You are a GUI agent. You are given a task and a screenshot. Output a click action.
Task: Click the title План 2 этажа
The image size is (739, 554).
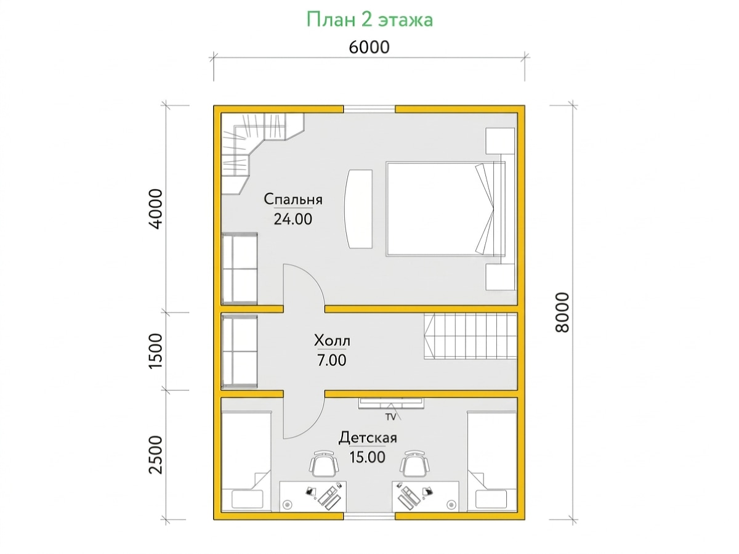pos(369,20)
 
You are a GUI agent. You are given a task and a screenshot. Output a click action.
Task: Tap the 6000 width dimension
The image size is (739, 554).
pos(369,47)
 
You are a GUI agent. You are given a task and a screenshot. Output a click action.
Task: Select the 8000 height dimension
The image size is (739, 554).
pos(562,312)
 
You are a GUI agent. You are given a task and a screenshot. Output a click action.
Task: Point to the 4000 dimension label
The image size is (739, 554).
pos(156,209)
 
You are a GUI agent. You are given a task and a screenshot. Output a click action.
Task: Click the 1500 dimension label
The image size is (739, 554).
pos(156,351)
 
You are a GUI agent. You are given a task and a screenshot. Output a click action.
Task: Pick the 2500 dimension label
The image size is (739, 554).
pos(156,455)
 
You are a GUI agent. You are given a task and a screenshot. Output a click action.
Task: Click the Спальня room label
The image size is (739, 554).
pos(293,200)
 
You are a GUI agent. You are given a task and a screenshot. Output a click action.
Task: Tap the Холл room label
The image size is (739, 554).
pos(332,341)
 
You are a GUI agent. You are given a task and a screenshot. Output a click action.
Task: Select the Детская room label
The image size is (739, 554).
pos(368,438)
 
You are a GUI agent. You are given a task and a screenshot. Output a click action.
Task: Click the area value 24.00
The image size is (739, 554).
pos(293,219)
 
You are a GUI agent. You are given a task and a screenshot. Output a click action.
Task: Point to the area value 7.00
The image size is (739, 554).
pos(331,361)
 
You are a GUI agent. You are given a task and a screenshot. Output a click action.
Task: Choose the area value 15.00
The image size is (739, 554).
pos(367,457)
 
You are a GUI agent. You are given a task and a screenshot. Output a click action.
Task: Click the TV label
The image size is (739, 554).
pos(390,417)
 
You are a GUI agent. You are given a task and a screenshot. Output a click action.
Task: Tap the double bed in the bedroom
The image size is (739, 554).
pos(445,208)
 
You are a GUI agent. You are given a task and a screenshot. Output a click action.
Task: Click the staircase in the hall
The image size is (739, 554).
pos(470,336)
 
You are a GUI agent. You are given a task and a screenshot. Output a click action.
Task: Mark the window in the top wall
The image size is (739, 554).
pos(369,109)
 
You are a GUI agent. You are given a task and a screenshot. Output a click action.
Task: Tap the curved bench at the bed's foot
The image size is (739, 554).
pos(358,209)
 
